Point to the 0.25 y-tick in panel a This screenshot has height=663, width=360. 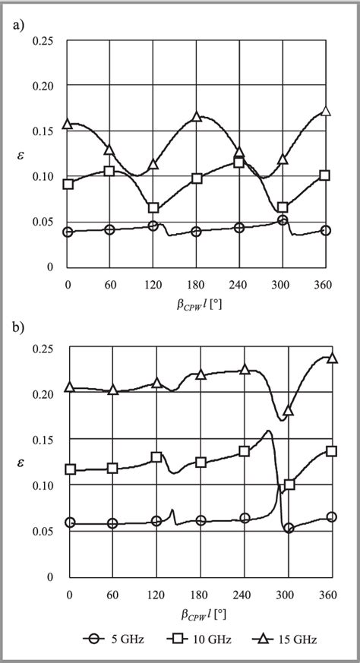tap(43, 40)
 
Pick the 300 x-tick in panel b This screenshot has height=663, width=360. tap(286, 592)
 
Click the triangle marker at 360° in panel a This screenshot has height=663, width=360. tap(327, 111)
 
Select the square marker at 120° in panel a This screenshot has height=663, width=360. tap(153, 208)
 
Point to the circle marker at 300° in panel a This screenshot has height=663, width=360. tap(283, 220)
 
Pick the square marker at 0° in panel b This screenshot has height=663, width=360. tap(71, 469)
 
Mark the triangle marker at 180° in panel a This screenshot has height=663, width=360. tap(197, 117)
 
